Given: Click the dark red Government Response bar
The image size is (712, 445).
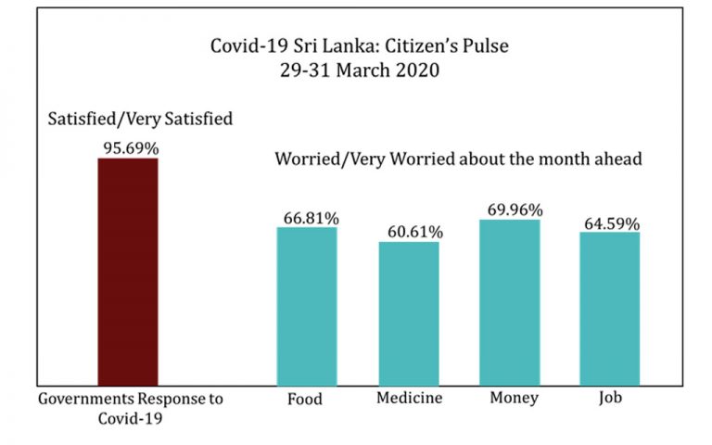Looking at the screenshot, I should click(x=128, y=271).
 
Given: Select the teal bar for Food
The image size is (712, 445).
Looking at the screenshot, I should click(x=307, y=306).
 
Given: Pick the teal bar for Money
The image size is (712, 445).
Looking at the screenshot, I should click(x=509, y=302).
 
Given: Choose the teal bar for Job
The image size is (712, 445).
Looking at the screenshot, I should click(x=609, y=309).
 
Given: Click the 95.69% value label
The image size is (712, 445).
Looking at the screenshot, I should click(x=128, y=147).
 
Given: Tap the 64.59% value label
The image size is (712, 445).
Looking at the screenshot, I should click(x=611, y=222).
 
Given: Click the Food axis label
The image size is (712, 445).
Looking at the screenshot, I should click(x=305, y=400).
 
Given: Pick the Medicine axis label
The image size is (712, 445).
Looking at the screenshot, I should click(x=409, y=400).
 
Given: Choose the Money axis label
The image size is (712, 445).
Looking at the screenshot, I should click(x=509, y=400).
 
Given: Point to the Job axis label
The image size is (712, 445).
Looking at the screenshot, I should click(x=609, y=400).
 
